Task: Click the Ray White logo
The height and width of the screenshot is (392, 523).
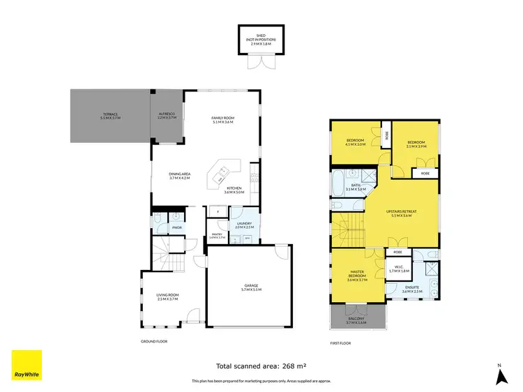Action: [26, 365]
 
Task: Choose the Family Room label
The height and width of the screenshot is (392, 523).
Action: [222, 119]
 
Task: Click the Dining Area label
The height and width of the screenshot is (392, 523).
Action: [179, 176]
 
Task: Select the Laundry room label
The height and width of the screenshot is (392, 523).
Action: [243, 225]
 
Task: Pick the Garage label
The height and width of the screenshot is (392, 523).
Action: [250, 287]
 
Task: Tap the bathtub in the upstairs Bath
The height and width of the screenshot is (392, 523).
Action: [338, 183]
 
